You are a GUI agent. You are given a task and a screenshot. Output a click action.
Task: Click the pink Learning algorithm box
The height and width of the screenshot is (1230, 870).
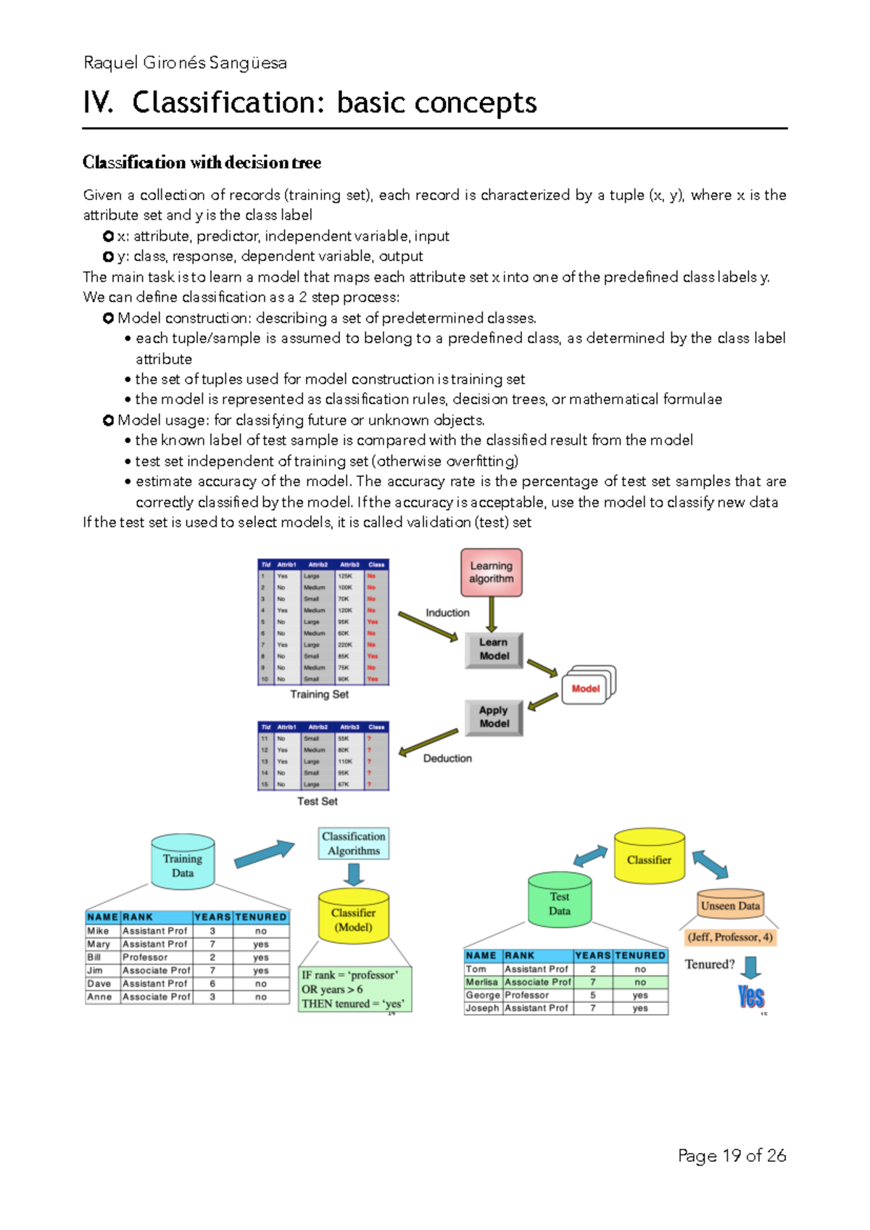tap(491, 572)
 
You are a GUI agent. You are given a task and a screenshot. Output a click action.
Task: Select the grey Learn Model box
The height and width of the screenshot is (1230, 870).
tap(494, 649)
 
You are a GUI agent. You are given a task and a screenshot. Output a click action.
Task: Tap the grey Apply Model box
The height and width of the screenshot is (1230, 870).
tap(494, 717)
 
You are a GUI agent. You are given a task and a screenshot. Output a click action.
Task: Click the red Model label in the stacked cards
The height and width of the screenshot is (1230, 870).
tap(586, 688)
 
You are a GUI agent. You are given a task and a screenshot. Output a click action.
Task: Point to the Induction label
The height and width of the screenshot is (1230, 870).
tap(447, 613)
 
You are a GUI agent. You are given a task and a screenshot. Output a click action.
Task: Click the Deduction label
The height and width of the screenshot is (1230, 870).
tap(447, 758)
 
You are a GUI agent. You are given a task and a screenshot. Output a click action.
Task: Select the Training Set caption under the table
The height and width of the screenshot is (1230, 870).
tap(319, 694)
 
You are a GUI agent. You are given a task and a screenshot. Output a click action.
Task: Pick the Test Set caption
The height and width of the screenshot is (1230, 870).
tap(317, 801)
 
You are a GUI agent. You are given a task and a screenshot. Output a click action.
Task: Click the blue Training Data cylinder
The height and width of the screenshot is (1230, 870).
tap(183, 863)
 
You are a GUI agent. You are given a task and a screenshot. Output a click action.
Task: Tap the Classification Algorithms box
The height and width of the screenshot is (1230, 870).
tap(354, 843)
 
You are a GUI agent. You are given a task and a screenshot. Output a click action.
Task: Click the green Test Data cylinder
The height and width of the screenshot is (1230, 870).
tap(559, 901)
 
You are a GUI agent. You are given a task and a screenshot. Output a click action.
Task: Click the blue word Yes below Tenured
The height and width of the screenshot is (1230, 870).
tap(751, 996)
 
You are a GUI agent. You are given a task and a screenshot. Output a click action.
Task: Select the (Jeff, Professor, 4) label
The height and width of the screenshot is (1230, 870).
tap(730, 937)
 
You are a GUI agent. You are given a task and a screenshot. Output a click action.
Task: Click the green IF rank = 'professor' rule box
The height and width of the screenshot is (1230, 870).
tap(355, 989)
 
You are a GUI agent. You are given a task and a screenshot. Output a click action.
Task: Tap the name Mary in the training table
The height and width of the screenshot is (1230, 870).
tap(99, 944)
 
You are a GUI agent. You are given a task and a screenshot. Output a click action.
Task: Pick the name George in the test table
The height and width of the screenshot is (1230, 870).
tap(482, 995)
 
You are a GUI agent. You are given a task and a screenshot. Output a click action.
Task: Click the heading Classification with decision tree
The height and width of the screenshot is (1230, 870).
tap(202, 162)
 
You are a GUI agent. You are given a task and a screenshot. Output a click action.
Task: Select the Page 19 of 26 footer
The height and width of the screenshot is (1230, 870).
tap(732, 1155)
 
